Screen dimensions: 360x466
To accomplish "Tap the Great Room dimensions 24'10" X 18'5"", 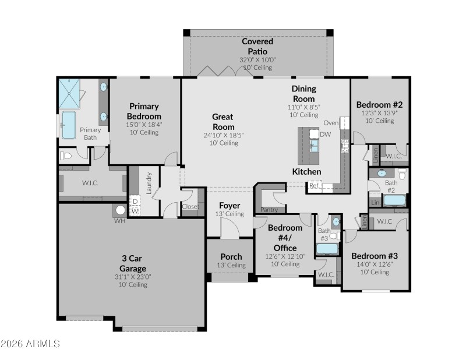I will click(223, 135).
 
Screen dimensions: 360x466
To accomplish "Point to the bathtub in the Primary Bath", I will click(69, 125).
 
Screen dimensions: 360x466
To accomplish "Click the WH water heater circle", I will click(121, 210).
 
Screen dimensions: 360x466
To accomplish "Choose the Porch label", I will click(231, 257).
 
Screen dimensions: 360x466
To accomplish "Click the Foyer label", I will click(230, 206).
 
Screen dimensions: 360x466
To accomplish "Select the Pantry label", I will click(270, 209).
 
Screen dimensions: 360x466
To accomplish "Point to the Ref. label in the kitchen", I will click(314, 186).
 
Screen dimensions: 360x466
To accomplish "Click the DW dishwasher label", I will click(325, 134).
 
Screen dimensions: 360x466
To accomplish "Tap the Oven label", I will click(331, 122).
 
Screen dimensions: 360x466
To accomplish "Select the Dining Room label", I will click(304, 93).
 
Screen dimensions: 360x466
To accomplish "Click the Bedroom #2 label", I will click(380, 105).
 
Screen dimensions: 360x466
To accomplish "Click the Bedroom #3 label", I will click(375, 256).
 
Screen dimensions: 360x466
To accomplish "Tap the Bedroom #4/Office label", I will click(285, 238).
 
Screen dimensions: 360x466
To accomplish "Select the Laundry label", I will click(149, 182).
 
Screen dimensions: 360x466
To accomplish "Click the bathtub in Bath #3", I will click(327, 249).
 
